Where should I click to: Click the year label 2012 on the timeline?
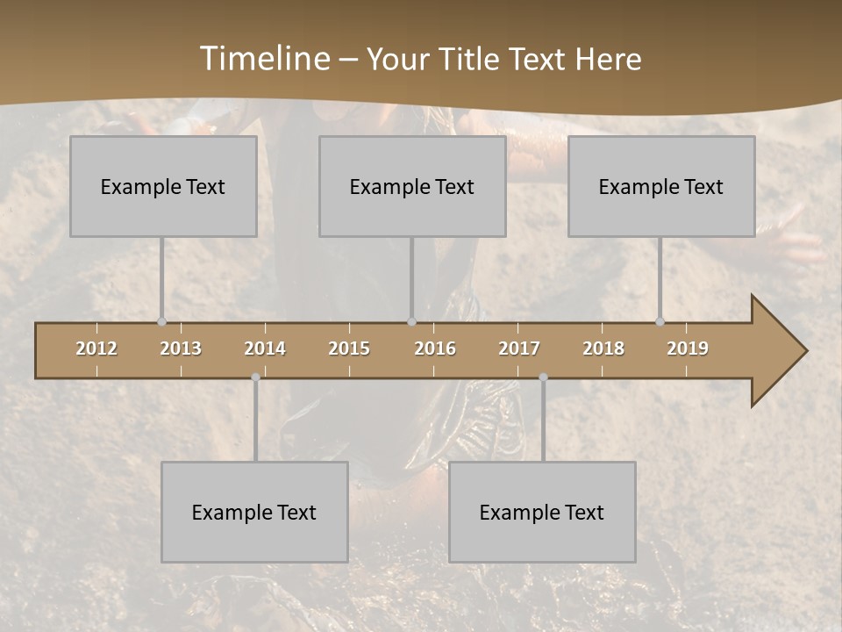pos(96,348)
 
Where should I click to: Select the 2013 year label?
pos(181,348)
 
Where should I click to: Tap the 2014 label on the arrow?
pos(265,348)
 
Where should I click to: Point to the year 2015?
pos(349,348)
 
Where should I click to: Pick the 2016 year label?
pos(435,348)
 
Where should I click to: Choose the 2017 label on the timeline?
pos(519,348)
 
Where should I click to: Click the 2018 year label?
pos(603,348)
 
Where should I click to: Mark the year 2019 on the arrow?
pos(688,348)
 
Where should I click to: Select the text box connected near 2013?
pos(163,186)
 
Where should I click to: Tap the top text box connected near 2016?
pos(412,186)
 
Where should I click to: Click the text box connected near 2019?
pos(661,186)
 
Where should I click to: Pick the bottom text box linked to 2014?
pos(254,512)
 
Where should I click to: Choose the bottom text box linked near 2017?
pos(542,512)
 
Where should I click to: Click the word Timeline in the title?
pos(263,59)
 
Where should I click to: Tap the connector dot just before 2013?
pos(161,321)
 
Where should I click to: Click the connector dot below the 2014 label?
pos(255,377)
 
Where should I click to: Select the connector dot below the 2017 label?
pos(543,377)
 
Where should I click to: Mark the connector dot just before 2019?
pos(660,321)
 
